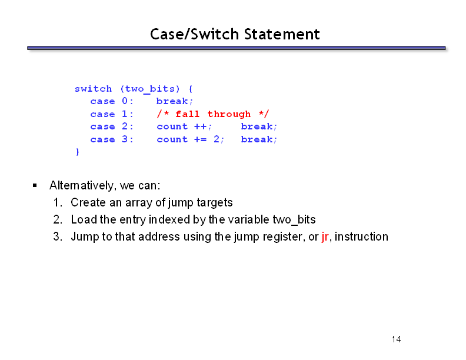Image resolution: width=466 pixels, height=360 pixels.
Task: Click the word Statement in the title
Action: (282, 34)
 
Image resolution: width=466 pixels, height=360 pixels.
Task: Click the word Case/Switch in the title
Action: (194, 34)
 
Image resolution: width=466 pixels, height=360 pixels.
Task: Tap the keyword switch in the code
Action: (94, 88)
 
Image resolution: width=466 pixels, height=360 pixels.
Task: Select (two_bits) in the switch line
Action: (150, 89)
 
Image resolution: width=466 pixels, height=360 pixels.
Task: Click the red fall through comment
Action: (213, 114)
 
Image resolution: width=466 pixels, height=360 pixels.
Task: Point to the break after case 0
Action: (175, 101)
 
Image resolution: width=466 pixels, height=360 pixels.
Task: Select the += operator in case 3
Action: (200, 139)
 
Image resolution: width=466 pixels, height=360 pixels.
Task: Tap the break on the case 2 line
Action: (259, 126)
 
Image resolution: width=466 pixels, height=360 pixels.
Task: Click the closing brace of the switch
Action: (78, 152)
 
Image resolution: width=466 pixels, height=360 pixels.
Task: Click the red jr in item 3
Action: (325, 236)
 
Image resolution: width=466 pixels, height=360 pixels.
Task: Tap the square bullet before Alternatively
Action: (35, 186)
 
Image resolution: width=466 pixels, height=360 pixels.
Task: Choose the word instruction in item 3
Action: (361, 236)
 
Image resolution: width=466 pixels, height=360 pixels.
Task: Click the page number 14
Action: (396, 339)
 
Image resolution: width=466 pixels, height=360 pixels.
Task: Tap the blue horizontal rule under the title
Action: (237, 48)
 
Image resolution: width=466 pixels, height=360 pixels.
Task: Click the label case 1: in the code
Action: (112, 114)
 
